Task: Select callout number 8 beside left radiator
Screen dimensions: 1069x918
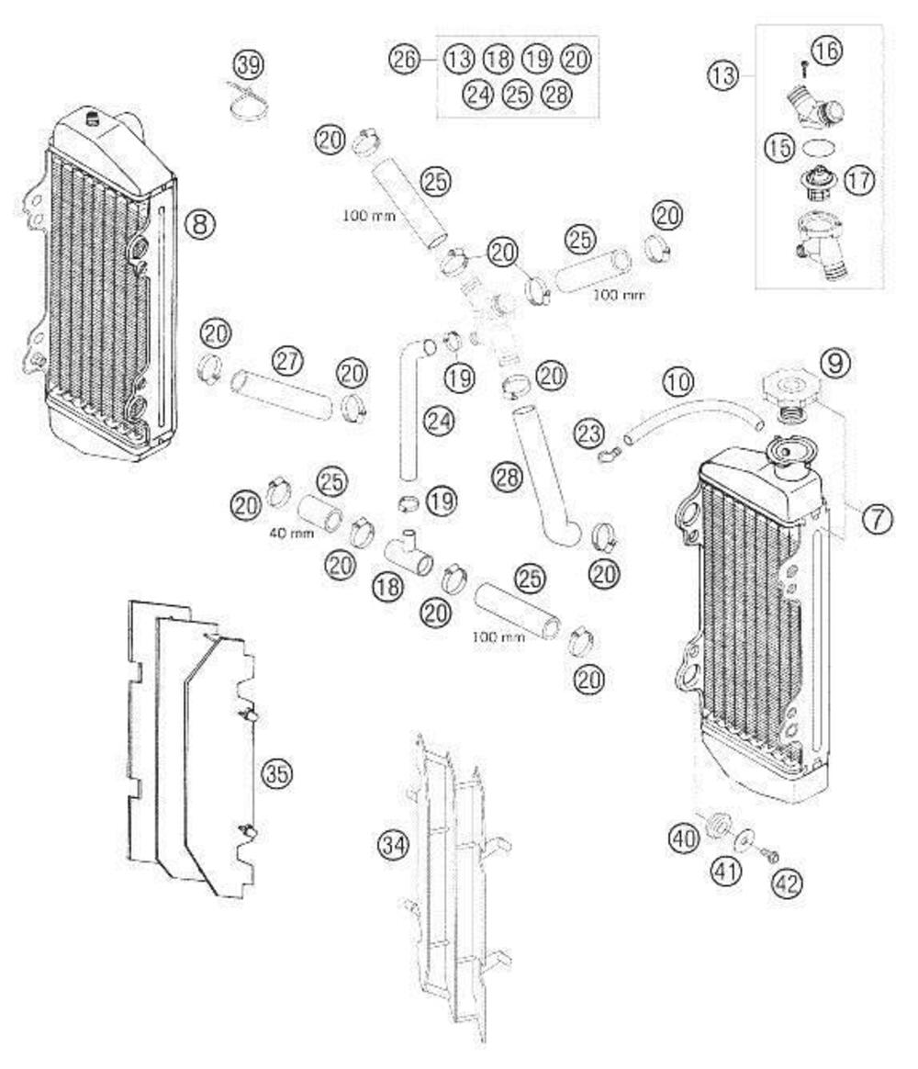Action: pyautogui.click(x=200, y=222)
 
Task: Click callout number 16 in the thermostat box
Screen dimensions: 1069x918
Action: pyautogui.click(x=827, y=51)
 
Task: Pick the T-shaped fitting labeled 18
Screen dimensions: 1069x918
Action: pyautogui.click(x=409, y=554)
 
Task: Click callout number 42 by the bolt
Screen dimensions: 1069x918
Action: pyautogui.click(x=788, y=883)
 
